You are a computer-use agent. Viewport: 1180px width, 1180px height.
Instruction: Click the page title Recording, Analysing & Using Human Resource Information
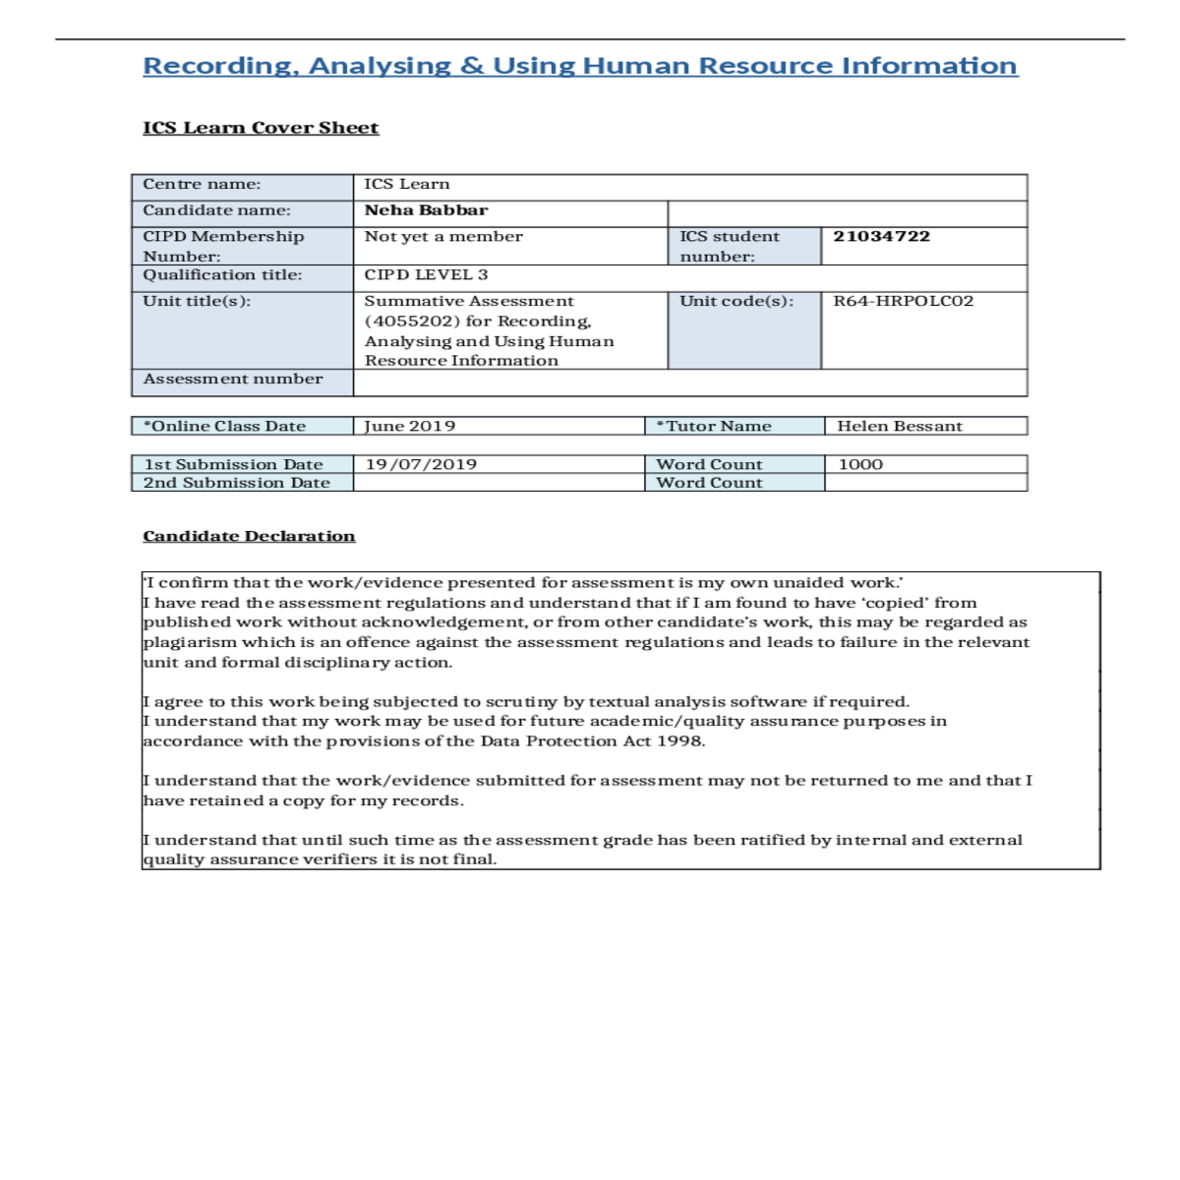(580, 66)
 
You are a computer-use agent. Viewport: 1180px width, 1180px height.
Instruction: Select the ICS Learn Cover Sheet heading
(261, 128)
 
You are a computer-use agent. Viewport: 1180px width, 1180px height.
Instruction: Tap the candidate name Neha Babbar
(426, 210)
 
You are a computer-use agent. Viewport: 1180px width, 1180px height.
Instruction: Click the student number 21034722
(881, 236)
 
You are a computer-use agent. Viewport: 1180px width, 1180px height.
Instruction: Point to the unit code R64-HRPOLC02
(903, 301)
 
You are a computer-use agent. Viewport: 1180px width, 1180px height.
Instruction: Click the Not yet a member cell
(443, 236)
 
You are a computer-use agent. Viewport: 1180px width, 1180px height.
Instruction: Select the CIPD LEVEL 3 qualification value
(426, 275)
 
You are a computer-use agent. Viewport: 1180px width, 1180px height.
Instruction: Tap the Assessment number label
(232, 379)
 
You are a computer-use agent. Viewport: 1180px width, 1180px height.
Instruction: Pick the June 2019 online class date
(409, 426)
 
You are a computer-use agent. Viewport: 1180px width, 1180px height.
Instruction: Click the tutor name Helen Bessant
(899, 426)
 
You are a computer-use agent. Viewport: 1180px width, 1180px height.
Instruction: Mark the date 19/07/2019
(421, 464)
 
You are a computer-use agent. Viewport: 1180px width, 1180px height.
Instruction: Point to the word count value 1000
(860, 464)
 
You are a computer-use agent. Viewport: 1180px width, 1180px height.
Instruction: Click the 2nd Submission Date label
(236, 483)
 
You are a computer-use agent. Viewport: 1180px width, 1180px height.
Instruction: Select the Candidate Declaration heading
(249, 536)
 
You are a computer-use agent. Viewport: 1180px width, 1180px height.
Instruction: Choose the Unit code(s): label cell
(736, 301)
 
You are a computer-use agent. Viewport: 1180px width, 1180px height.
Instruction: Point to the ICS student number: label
(729, 246)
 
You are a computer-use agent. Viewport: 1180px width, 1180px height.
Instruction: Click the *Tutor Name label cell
(714, 426)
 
